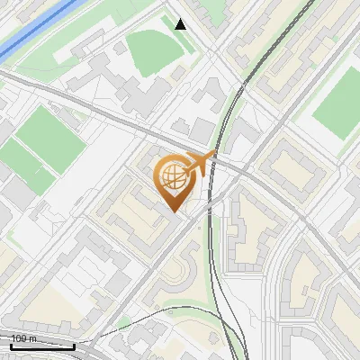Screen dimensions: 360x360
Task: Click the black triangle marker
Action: point(181,24)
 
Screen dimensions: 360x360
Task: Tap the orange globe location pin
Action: point(176,181)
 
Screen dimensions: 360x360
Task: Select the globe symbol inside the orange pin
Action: point(175,177)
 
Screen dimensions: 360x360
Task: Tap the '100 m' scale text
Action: point(24,338)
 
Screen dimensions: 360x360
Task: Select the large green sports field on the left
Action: point(45,139)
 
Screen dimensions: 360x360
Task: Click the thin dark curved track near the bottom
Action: point(135,328)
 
